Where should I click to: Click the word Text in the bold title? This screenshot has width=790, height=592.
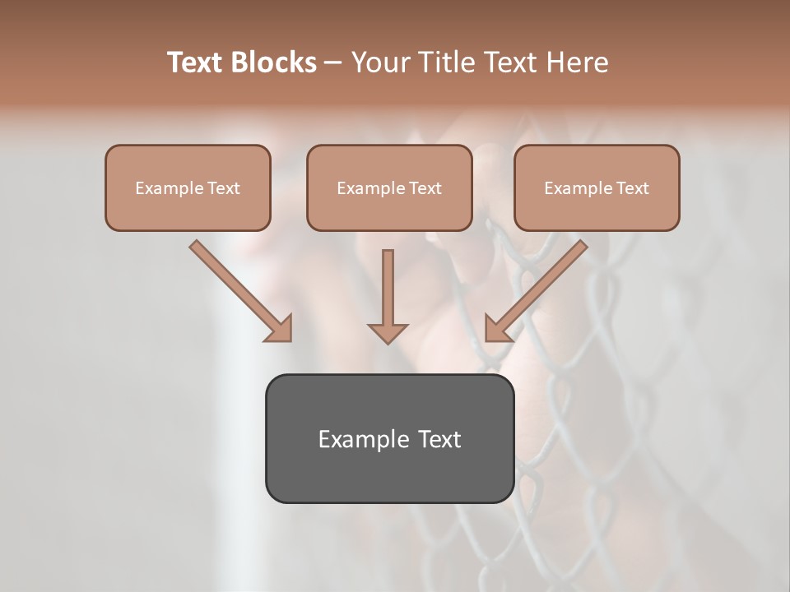point(196,62)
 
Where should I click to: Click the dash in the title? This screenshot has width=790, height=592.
point(334,63)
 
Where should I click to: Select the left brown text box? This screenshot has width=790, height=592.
point(188,187)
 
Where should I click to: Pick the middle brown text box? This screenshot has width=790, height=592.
point(389,187)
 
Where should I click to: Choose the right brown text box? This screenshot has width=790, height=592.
point(597,187)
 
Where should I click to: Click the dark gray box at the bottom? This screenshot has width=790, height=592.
point(389,438)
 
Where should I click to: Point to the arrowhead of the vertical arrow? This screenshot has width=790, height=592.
point(388,333)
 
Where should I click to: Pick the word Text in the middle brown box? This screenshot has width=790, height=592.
point(425,188)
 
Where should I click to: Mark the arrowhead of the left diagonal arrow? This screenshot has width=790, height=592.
point(280,330)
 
